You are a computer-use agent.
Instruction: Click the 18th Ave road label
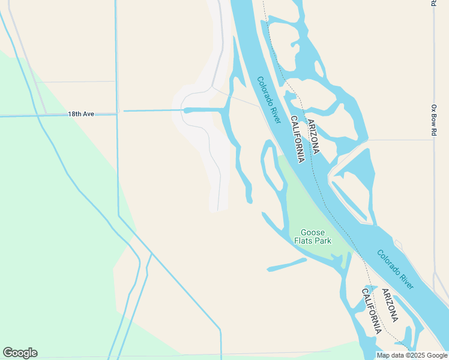coord(81,113)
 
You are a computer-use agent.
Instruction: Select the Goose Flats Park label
coord(312,236)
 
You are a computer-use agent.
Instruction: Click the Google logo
coord(20,353)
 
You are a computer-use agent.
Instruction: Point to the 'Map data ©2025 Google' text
coord(412,355)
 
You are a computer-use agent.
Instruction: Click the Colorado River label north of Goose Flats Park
coord(269,100)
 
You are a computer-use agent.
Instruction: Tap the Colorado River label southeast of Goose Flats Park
coord(396,269)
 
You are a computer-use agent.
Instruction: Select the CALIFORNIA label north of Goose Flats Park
coord(297,139)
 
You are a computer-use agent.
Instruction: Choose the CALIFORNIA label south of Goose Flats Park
coord(370,311)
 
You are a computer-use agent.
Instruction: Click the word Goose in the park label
coord(312,232)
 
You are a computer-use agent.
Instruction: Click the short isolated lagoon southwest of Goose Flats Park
coord(286,265)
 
